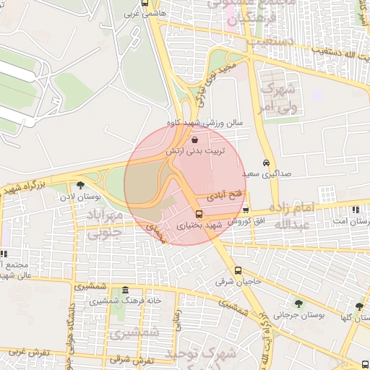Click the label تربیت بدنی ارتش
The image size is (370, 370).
197,152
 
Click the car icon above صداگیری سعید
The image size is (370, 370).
267,163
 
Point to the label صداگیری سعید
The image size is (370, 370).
265,174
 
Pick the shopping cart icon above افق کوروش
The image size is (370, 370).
246,210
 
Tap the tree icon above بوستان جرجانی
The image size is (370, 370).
298,304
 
